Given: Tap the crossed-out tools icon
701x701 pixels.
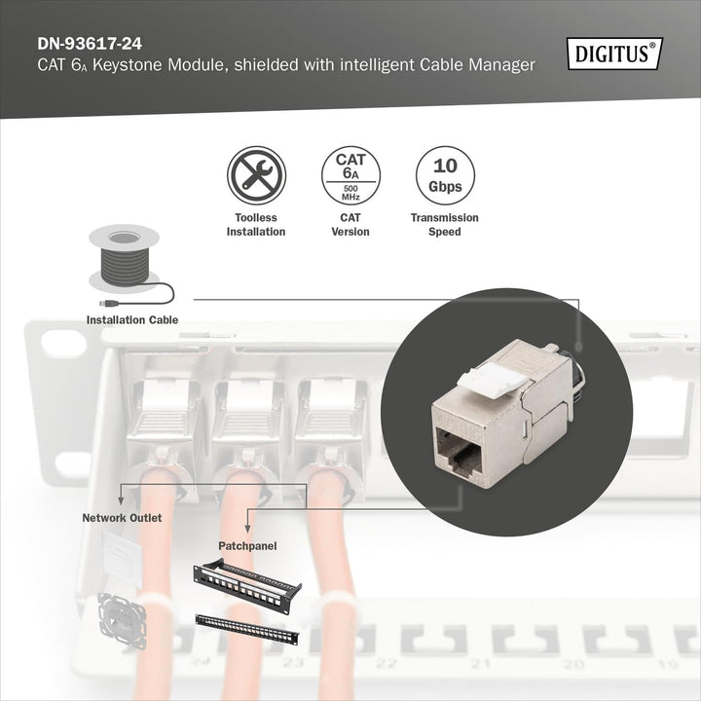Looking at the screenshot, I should click(x=256, y=175).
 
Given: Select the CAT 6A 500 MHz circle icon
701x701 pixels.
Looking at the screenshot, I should click(x=350, y=175).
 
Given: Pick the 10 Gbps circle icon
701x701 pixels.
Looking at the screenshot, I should click(x=444, y=175).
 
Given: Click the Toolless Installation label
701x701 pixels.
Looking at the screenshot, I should click(x=256, y=225).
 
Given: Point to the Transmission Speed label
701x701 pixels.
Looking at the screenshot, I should click(x=444, y=225).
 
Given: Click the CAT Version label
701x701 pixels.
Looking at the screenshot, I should click(x=350, y=225).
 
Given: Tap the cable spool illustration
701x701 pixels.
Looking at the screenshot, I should click(x=123, y=258).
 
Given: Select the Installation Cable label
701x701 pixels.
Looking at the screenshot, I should click(x=132, y=319).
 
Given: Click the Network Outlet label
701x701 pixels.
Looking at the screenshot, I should click(x=122, y=518).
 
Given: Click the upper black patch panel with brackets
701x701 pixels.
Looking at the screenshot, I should click(x=247, y=581).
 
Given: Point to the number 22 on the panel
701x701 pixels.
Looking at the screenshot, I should click(x=387, y=663).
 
